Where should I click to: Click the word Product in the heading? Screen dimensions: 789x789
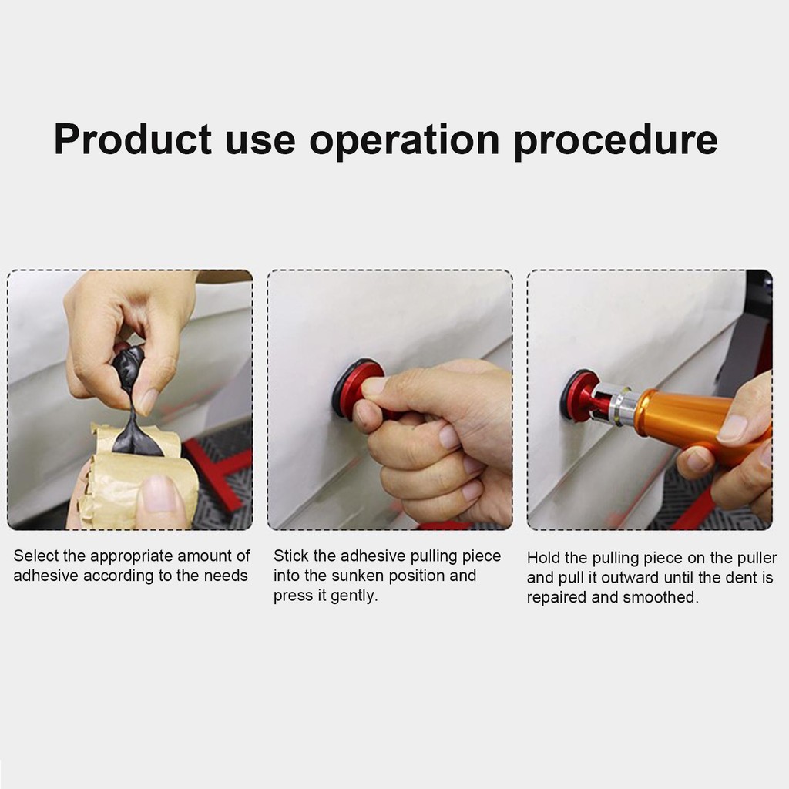133,139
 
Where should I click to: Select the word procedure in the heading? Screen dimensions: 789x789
616,140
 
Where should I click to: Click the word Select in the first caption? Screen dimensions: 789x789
36,556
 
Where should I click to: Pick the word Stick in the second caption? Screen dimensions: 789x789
290,556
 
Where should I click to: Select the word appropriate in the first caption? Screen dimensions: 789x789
132,556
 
